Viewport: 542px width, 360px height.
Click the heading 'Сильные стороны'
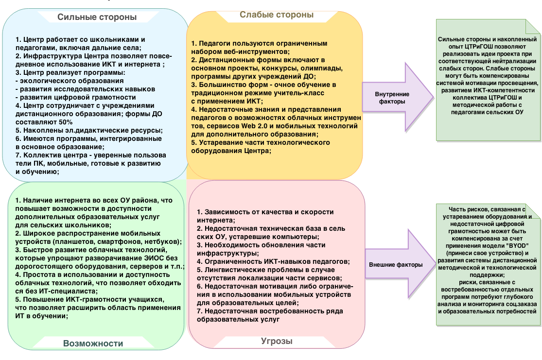pos(97,17)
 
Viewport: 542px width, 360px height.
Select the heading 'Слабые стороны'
pos(276,15)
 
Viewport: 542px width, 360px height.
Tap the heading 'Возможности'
pos(93,343)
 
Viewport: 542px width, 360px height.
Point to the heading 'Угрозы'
pos(276,341)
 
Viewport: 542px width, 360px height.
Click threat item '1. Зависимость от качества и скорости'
pos(265,212)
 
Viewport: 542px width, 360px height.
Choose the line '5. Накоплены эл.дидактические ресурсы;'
pos(89,130)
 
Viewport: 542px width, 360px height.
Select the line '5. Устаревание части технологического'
pos(261,142)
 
